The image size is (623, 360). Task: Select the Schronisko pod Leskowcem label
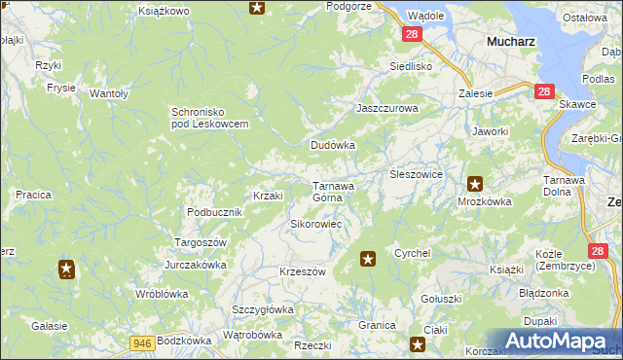(x=210, y=117)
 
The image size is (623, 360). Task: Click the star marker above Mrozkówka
(x=474, y=183)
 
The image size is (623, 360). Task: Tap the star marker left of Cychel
(x=368, y=258)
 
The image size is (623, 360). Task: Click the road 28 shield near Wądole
(x=412, y=34)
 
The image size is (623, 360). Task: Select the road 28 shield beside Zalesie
(x=544, y=91)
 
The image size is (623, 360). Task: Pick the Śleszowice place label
(x=417, y=173)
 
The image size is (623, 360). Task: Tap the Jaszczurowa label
(x=386, y=109)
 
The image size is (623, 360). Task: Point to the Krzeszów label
(x=302, y=271)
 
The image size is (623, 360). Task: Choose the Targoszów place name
(x=200, y=241)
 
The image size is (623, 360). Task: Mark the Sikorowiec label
(x=314, y=224)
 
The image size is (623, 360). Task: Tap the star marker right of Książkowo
(x=257, y=9)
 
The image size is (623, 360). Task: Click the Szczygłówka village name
(x=262, y=309)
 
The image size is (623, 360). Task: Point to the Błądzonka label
(x=543, y=293)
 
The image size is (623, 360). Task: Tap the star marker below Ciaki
(x=418, y=343)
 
